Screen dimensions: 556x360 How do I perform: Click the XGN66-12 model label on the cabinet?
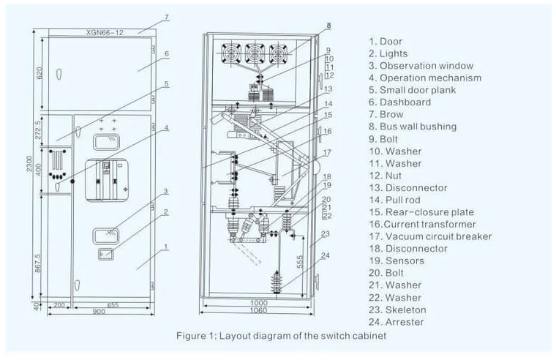pos(105,32)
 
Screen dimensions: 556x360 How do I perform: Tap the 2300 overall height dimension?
pos(29,164)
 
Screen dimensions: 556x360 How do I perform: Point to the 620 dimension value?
pos(39,72)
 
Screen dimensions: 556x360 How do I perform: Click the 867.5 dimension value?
pos(38,263)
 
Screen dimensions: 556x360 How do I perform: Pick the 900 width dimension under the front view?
pos(99,312)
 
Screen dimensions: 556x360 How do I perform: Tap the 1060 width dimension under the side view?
pos(258,311)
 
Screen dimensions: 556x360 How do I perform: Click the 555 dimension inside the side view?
pos(300,262)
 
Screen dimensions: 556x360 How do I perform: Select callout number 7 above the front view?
pos(167,18)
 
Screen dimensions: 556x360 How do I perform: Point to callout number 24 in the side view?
pos(325,255)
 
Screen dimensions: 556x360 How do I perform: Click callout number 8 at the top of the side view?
pos(328,26)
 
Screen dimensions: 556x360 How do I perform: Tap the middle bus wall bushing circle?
pos(255,53)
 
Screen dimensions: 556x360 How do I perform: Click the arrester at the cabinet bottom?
pos(277,282)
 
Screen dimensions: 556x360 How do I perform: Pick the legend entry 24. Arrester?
pos(396,322)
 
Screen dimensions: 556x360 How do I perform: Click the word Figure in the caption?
pos(189,336)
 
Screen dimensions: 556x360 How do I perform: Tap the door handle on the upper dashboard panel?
pos(59,74)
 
